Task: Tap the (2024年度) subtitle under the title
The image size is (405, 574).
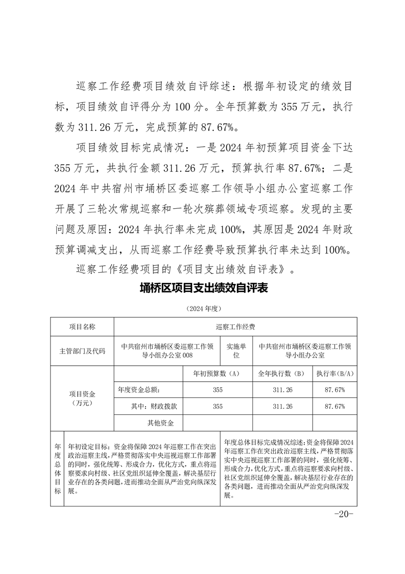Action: [x=203, y=309]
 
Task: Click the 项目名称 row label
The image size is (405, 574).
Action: [x=82, y=326]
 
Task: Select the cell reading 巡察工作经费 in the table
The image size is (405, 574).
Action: [x=235, y=326]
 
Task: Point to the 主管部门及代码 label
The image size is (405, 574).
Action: [x=82, y=351]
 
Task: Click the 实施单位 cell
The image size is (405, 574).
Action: [x=236, y=350]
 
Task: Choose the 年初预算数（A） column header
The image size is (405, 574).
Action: [x=217, y=373]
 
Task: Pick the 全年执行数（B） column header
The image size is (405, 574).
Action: [x=282, y=373]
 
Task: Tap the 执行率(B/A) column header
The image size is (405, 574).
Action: [x=335, y=373]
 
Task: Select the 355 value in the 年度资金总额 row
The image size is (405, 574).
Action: [x=218, y=390]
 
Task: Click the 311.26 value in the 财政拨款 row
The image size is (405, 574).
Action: [x=282, y=406]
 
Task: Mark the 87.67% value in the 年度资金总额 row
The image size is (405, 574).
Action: [x=335, y=390]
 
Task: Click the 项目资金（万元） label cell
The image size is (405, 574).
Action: [x=82, y=398]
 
